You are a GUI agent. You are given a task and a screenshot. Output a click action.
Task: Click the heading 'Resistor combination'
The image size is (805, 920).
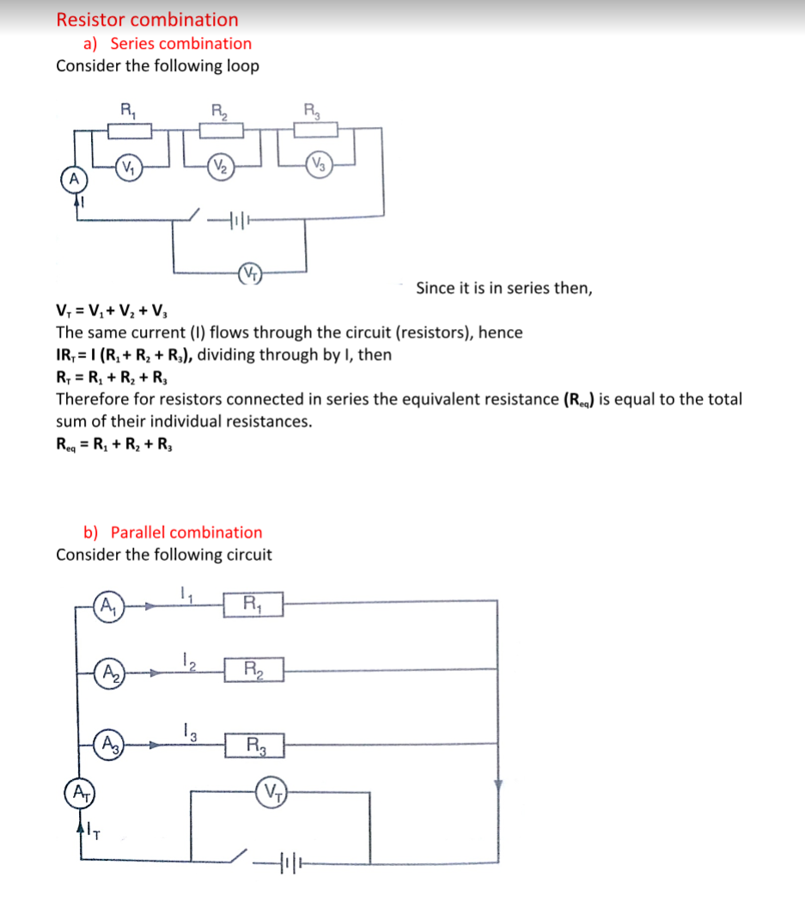[147, 19]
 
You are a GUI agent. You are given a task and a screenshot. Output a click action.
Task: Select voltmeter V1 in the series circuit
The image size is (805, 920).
[129, 167]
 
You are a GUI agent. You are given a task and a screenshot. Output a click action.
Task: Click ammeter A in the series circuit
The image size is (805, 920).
[74, 180]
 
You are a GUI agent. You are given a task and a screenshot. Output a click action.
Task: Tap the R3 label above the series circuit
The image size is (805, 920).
[310, 109]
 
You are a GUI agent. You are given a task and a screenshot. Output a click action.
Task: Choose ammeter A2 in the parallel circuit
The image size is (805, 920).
[111, 671]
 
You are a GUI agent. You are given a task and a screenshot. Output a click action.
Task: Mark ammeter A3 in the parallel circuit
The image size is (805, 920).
[111, 744]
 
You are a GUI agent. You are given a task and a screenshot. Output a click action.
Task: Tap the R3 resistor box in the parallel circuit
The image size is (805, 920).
[254, 744]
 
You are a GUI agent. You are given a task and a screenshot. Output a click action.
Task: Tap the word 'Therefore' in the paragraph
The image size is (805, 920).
[92, 399]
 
